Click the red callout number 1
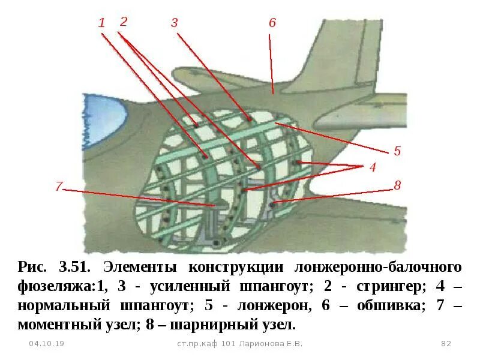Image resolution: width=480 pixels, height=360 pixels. click(x=101, y=23)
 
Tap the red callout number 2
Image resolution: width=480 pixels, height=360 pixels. click(x=124, y=22)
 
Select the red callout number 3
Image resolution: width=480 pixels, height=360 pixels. click(x=174, y=23)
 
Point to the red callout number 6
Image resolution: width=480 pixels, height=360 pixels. click(x=272, y=23)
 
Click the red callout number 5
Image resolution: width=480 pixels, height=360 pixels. click(x=397, y=151)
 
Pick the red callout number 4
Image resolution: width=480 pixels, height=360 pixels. click(x=373, y=168)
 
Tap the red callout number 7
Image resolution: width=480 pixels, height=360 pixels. click(x=58, y=187)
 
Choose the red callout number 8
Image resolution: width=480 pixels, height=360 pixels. click(x=397, y=185)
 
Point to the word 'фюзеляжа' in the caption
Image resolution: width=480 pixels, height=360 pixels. click(x=53, y=286)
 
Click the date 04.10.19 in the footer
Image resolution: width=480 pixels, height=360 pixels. click(x=47, y=344)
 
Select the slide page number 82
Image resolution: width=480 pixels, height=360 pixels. click(x=445, y=344)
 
